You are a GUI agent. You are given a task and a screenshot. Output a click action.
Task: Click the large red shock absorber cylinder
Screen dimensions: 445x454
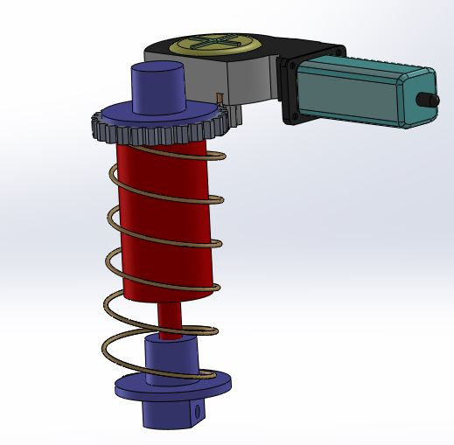point(166,219)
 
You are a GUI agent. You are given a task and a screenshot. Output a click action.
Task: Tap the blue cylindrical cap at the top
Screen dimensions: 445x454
point(158,87)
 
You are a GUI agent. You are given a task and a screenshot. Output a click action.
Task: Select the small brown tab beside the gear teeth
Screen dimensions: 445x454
point(219,98)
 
